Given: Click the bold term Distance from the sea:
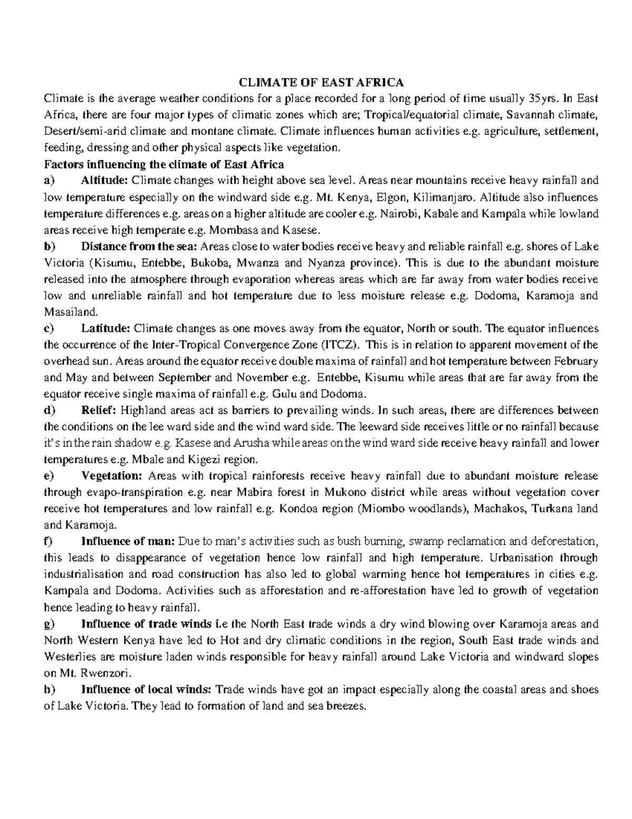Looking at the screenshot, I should click(x=140, y=246).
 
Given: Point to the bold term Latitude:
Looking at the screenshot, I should click(x=105, y=328).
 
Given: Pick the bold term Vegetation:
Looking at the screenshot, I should click(x=112, y=476).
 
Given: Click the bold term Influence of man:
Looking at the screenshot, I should click(x=129, y=542).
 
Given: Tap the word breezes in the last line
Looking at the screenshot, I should click(x=345, y=706).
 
